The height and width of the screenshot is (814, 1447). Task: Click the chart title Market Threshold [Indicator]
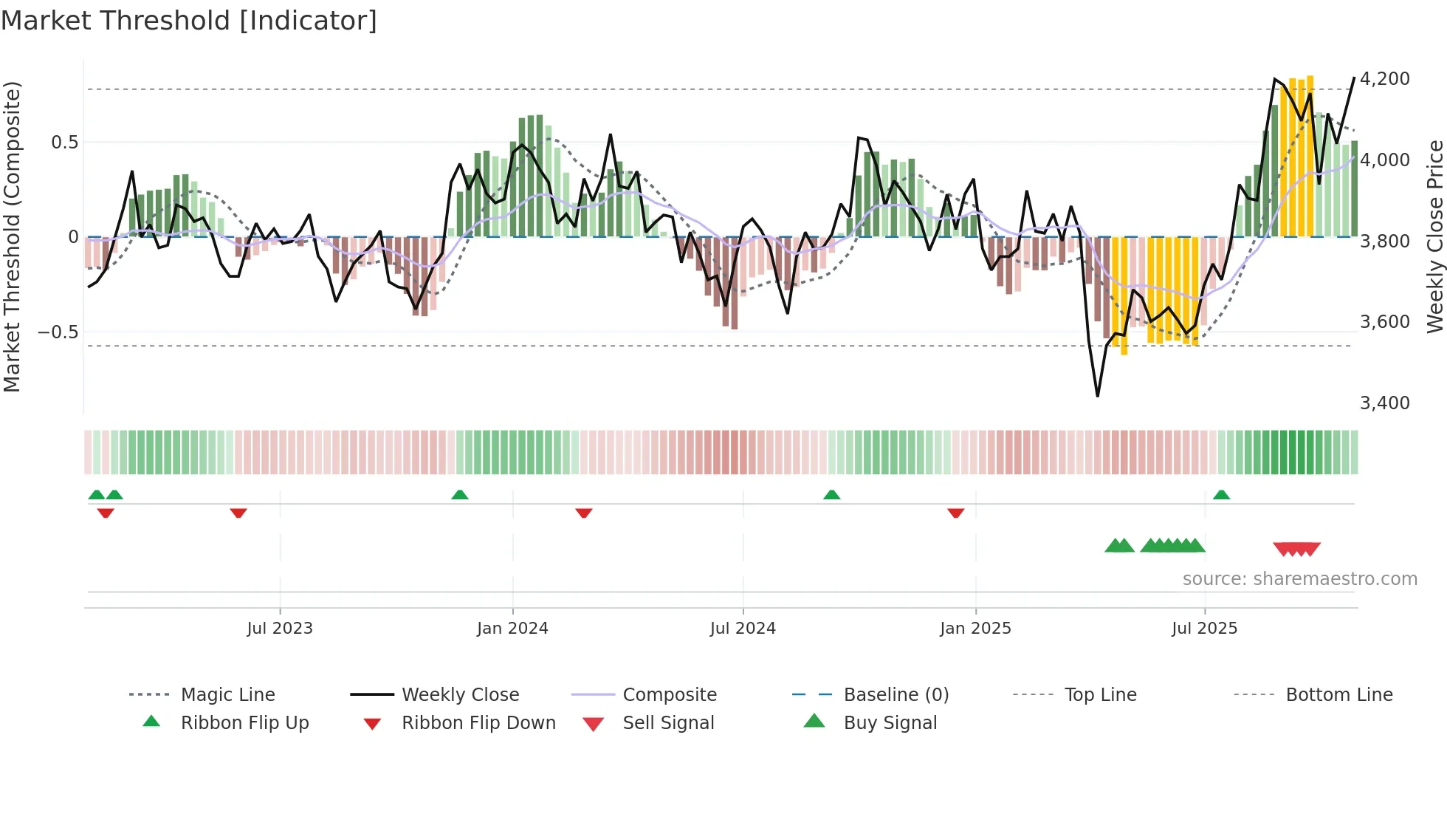(x=189, y=21)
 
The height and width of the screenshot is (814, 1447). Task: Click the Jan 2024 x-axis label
(x=512, y=629)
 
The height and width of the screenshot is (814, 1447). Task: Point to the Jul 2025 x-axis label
(x=1204, y=629)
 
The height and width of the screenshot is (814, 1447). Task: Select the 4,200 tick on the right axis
(x=1384, y=79)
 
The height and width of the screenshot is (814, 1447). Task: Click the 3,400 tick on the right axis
(x=1384, y=403)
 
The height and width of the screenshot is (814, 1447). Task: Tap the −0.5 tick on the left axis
(x=58, y=332)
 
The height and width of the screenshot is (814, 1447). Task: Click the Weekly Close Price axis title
(x=1434, y=236)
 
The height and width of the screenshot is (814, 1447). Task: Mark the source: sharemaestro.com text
(x=1299, y=579)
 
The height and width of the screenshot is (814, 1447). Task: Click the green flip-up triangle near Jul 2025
(x=1221, y=495)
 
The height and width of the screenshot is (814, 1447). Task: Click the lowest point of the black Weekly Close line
(x=1098, y=396)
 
